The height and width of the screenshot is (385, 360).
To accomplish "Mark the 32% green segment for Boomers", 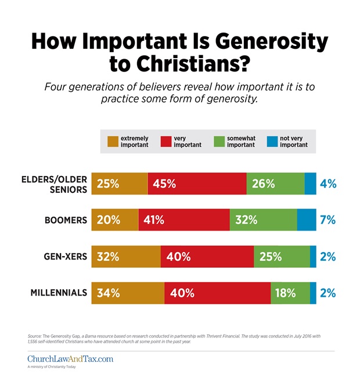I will (264, 220).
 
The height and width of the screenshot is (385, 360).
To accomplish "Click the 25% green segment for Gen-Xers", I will (282, 257).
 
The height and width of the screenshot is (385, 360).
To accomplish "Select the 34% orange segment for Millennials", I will (128, 293).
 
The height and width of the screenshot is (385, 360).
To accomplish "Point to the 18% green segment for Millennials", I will (290, 293).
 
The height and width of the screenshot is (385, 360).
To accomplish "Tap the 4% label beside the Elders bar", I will (328, 184).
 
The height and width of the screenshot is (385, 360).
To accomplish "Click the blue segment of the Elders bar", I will (311, 184).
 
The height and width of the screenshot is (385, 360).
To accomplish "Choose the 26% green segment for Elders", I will (275, 184).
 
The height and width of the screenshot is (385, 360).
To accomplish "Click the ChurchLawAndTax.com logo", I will (70, 359).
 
